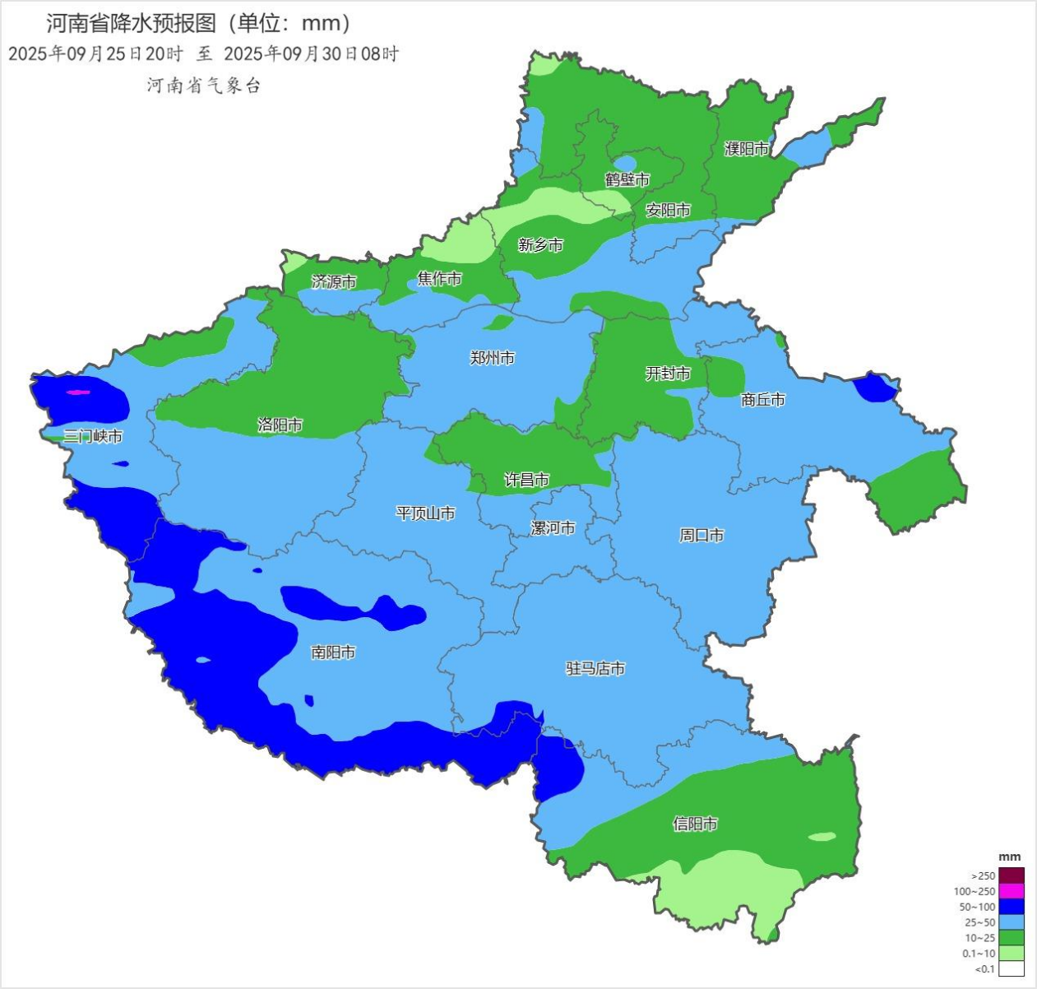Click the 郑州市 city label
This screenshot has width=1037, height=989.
[492, 358]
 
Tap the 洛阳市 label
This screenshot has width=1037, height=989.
[280, 425]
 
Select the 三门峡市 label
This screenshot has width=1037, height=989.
[93, 436]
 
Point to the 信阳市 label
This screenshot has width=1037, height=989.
[695, 824]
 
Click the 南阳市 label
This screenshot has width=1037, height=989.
[333, 652]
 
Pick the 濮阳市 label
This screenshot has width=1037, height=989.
[746, 149]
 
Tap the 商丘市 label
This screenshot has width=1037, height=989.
[762, 400]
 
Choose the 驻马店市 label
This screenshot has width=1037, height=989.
[595, 669]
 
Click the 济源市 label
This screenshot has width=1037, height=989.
[334, 281]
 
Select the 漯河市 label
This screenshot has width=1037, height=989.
[553, 528]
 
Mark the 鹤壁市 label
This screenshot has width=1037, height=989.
[627, 179]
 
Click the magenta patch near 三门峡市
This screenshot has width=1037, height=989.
[77, 392]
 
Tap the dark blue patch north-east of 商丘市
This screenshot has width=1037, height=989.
[873, 388]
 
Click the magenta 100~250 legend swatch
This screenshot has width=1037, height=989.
[1012, 891]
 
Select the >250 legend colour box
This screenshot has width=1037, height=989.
[1012, 875]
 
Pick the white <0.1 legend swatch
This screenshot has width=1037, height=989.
[1012, 968]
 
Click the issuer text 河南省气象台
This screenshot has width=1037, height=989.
[203, 86]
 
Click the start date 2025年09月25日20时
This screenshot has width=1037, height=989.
[95, 54]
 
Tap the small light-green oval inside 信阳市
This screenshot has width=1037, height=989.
[821, 837]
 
